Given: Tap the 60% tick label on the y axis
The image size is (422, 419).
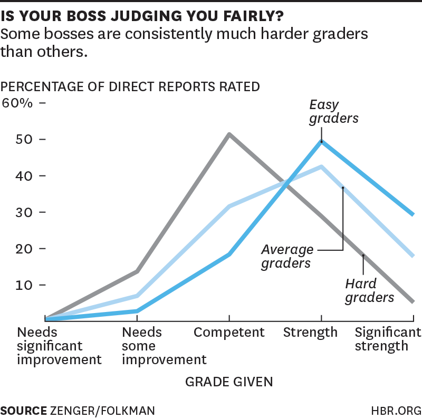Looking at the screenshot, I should click(17, 103).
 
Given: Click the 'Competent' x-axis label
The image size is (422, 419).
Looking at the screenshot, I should click(229, 333).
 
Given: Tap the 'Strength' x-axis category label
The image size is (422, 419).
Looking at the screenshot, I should click(310, 333).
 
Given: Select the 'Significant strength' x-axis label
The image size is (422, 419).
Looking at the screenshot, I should click(388, 339).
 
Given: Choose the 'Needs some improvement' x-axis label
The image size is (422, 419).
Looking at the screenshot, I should click(164, 346).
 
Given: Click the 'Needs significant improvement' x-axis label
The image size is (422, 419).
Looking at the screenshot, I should click(59, 346).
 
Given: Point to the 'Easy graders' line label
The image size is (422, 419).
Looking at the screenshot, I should click(333, 111).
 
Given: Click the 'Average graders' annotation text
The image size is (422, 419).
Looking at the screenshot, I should click(287, 256).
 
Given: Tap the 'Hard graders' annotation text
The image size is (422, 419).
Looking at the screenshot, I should click(369, 291).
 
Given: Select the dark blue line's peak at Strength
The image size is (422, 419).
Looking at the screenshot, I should click(321, 141).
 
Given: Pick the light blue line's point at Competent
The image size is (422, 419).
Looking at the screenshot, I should click(229, 206).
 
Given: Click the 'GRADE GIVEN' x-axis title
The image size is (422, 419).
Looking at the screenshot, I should click(229, 381).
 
